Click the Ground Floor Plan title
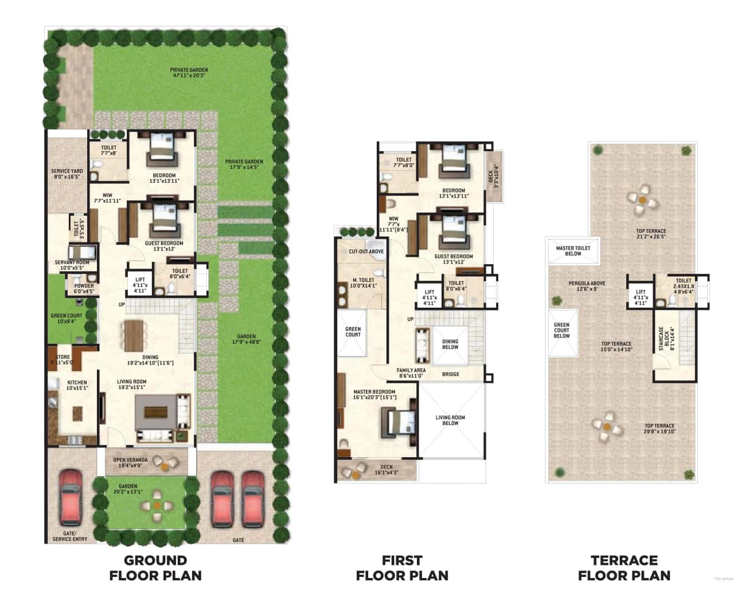click(155, 568)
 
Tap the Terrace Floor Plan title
click(624, 568)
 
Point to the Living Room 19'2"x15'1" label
click(131, 384)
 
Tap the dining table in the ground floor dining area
click(133, 335)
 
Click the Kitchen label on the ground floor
click(77, 386)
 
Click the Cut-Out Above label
click(366, 252)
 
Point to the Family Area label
click(411, 374)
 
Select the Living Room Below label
click(450, 421)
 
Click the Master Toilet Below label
click(573, 251)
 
